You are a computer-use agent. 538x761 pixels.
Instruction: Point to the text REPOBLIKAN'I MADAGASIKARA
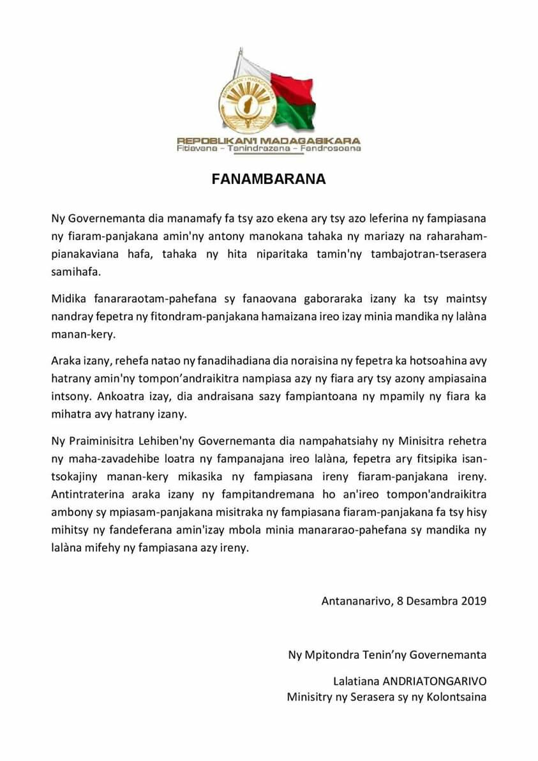269,140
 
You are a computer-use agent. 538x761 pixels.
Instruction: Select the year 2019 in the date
474,601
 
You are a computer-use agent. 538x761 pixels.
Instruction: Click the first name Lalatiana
356,681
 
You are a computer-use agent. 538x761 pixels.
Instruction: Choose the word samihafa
75,271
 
